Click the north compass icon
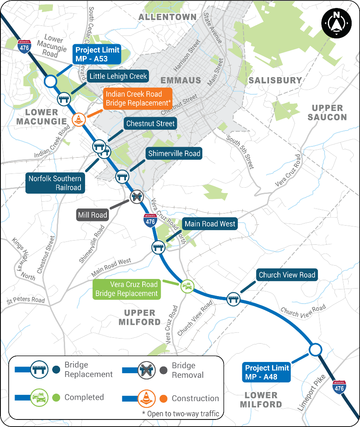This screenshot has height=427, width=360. point(337,23)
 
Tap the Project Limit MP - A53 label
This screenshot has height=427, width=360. point(97,55)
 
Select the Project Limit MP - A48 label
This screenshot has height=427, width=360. point(266,372)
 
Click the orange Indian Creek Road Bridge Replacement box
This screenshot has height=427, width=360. point(138,98)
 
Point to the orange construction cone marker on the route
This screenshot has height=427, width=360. point(79,120)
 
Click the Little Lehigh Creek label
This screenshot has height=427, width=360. point(118,76)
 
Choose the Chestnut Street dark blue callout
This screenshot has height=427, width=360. point(151,123)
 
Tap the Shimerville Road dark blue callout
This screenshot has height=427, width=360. point(174,153)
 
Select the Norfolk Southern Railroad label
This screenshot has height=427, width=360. point(55,183)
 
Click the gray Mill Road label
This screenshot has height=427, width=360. point(92,215)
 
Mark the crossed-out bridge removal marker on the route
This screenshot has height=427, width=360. point(136,197)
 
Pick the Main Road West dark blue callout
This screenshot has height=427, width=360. point(209,224)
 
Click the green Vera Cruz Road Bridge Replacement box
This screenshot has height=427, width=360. point(127,289)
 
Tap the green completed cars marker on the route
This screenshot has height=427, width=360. point(187,286)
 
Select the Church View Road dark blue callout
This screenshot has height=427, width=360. point(287,275)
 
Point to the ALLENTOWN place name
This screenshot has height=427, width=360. point(167,17)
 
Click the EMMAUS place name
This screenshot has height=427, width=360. point(181,80)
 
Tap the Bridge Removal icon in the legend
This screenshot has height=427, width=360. point(146,370)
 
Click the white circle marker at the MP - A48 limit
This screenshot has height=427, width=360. point(316,350)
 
